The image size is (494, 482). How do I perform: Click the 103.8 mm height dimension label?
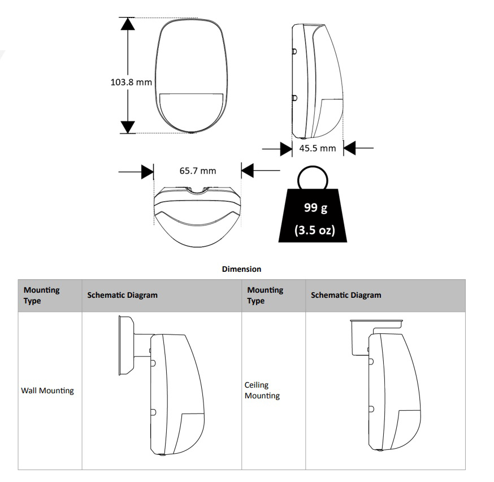pos(131,82)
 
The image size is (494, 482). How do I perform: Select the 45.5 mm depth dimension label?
pos(317,148)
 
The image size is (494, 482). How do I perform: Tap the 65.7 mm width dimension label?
pos(197,171)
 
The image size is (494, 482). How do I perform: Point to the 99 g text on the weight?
pos(315,208)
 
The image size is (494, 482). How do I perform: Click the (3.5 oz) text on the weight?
pos(314,230)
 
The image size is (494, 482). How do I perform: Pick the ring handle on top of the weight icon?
pos(313,167)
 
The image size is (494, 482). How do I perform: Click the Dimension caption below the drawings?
pos(241,269)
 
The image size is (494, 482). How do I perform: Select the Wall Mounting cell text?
pos(47,390)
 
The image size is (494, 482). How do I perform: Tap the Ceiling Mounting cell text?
pos(262,390)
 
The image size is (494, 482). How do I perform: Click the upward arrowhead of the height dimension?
pos(128,24)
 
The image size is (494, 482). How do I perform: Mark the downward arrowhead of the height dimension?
pos(128,127)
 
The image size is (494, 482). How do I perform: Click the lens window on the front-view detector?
pos(191,111)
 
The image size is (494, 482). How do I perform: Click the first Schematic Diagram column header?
pos(122,295)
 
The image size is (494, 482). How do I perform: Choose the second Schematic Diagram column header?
pos(346,295)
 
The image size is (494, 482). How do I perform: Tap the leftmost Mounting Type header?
pos(42,295)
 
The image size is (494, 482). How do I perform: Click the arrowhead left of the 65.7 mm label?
pos(147,172)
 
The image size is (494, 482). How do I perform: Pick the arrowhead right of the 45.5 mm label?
pos(349,147)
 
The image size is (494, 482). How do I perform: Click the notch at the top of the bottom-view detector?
pos(197,190)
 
